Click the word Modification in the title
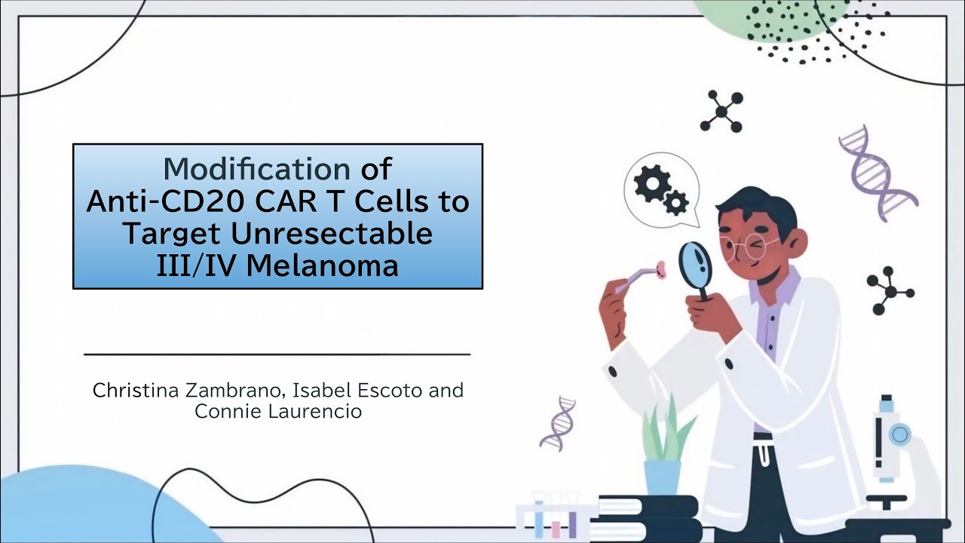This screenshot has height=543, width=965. coord(256,167)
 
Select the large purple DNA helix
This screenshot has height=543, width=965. coord(876,170)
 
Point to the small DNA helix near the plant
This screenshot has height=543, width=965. coord(558,422)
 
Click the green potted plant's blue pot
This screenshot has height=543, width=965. coord(662,477)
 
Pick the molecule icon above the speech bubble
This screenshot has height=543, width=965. coord(721,111)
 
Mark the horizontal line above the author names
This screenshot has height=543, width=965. coord(277,353)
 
